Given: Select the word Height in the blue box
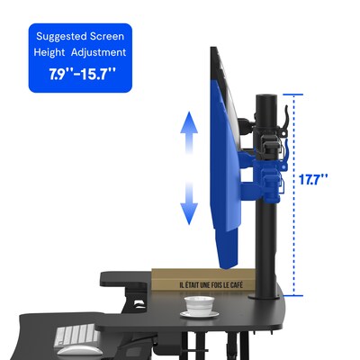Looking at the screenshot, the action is (49, 52).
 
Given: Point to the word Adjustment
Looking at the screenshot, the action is (98, 53).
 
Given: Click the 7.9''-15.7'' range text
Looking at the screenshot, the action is (82, 74).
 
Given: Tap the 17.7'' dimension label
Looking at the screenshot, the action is (313, 179).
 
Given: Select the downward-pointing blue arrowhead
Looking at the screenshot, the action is (189, 214).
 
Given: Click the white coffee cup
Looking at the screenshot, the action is (199, 304).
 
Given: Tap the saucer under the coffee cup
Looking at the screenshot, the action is (200, 314).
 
